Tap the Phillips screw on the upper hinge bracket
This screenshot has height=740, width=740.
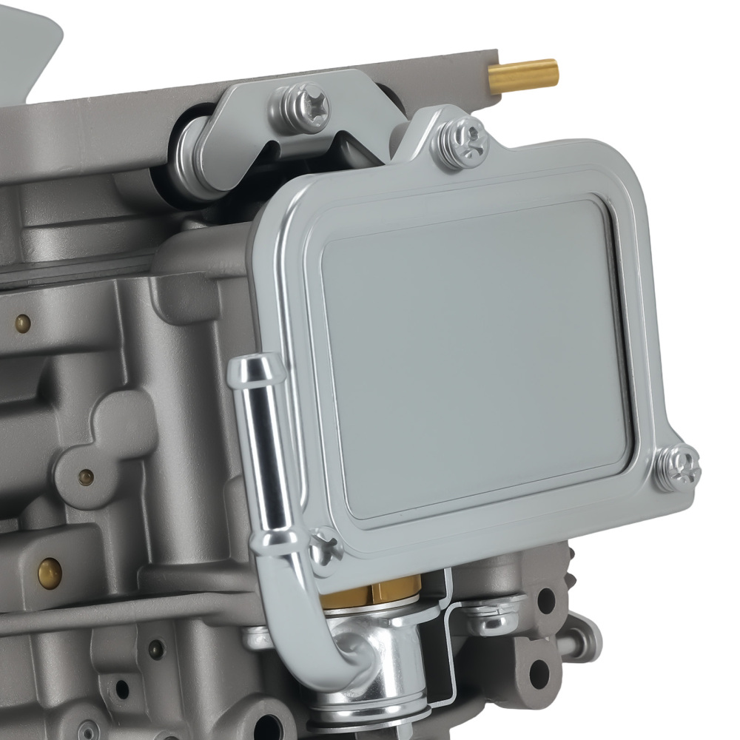[304, 107]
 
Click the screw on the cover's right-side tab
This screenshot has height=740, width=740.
[676, 468]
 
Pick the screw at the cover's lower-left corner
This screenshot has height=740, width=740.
[325, 549]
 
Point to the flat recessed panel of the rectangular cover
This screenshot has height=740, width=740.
[474, 355]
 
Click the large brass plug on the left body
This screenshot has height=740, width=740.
[50, 570]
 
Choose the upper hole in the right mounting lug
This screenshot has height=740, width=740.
[547, 601]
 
